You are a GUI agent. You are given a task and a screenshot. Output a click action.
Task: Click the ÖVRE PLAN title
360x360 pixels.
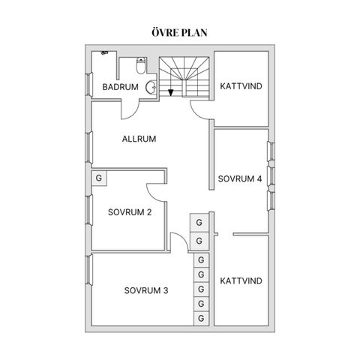[x=179, y=33]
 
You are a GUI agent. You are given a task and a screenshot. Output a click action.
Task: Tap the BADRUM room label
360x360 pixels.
[x=120, y=87]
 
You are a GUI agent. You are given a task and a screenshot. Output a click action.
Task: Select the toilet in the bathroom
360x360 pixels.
[x=141, y=65]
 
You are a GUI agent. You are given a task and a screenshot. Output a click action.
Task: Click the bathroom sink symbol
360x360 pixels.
[x=151, y=87]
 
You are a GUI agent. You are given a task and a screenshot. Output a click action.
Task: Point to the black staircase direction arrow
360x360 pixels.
[x=171, y=92]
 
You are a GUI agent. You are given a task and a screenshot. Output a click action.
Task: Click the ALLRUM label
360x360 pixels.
[x=139, y=139]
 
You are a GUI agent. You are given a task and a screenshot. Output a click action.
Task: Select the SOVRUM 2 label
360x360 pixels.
[x=130, y=212]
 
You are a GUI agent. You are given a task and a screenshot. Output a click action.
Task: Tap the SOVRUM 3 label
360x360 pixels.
[x=146, y=290]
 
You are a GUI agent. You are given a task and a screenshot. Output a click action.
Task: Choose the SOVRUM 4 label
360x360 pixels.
[x=240, y=178]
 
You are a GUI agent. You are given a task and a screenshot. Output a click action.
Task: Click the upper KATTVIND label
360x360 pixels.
[x=241, y=86]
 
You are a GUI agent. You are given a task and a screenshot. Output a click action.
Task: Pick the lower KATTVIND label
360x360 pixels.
[x=241, y=281]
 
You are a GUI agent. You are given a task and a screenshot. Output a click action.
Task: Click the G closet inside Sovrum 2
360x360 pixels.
[x=99, y=178]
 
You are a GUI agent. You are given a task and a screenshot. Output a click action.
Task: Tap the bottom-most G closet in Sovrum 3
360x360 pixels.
[x=201, y=318]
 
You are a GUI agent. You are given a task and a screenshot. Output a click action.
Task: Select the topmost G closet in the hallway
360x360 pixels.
[x=199, y=223]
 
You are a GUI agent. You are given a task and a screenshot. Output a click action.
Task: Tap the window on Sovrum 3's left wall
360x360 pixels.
[x=88, y=269]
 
